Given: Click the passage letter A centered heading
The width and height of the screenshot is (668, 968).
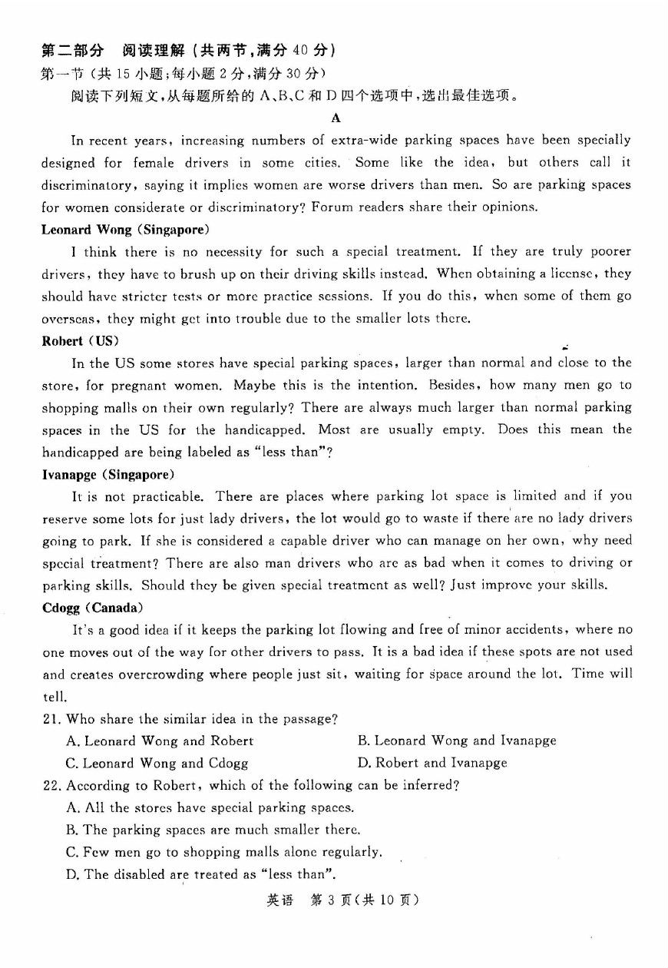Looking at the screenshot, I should click(335, 118).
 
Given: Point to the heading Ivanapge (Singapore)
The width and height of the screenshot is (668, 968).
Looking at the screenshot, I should click(107, 474).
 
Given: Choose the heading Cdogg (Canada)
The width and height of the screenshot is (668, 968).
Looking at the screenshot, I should click(92, 608).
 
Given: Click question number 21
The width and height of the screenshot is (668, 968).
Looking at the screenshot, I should click(51, 719).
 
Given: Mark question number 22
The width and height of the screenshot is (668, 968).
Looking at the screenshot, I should click(51, 785).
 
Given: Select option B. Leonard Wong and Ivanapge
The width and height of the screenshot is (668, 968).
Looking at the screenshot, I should click(456, 741).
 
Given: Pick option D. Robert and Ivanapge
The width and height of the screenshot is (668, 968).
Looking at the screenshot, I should click(432, 763).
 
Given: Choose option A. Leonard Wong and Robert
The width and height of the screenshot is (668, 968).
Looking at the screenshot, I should click(160, 741).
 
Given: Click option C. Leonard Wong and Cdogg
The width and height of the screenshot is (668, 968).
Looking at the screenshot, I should click(157, 763).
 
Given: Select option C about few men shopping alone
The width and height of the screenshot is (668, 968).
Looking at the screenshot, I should click(223, 852).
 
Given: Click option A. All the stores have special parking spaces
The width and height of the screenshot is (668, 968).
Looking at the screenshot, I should click(210, 807).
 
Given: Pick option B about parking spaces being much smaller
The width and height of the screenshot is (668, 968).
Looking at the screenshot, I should click(213, 830).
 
